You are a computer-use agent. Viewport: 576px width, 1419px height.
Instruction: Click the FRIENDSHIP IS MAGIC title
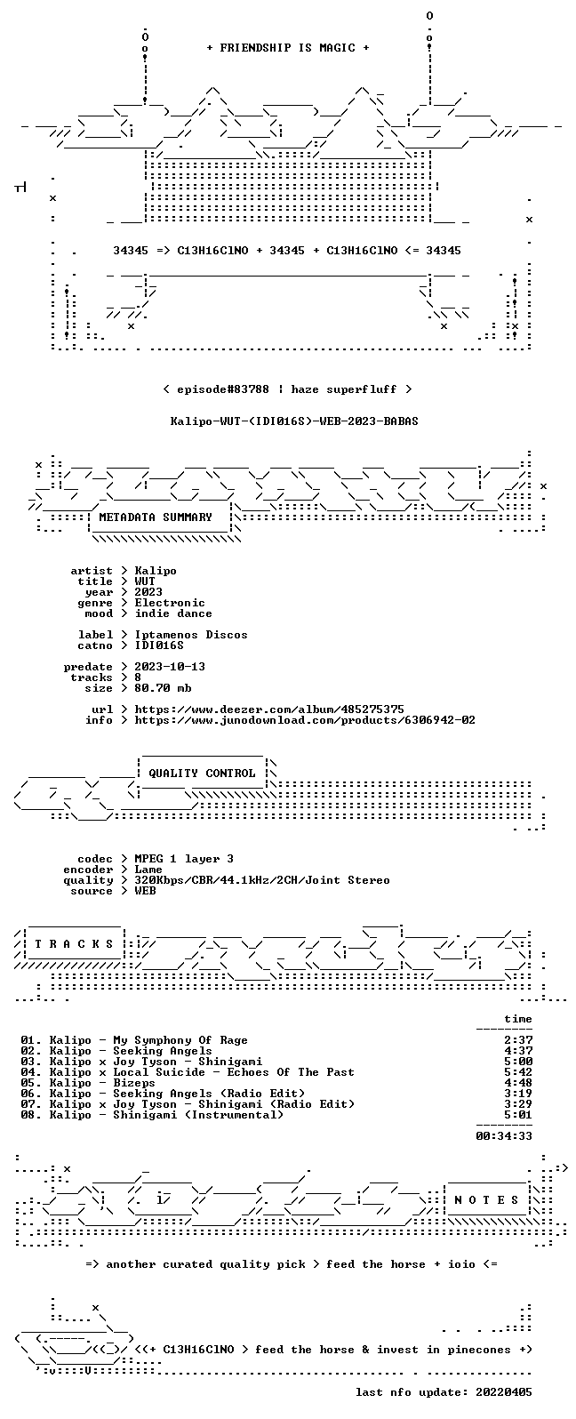pos(288,47)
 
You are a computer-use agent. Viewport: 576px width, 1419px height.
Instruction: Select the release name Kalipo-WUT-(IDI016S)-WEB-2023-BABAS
pos(294,421)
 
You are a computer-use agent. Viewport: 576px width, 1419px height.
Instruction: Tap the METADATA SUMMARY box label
pos(156,517)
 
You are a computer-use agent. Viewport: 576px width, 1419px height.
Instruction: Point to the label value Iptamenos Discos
pos(191,635)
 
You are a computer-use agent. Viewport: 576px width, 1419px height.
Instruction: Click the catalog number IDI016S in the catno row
pos(159,645)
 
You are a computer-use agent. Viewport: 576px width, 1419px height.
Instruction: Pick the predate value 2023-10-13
pos(170,667)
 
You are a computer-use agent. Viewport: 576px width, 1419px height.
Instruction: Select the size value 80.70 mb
pos(163,688)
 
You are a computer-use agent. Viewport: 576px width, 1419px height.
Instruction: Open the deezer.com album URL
pos(269,709)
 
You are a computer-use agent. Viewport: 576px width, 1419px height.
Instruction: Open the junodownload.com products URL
pos(305,720)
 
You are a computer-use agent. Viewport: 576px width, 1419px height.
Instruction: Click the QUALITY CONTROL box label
pos(202,773)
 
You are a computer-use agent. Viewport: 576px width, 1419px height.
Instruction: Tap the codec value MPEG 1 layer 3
pos(184,859)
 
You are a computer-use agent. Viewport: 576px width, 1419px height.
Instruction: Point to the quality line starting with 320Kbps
pos(261,880)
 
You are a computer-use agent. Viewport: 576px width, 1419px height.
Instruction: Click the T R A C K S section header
pos(74,944)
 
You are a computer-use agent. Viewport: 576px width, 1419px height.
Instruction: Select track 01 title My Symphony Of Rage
pos(180,1040)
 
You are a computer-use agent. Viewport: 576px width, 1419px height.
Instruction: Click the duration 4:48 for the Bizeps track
pos(518,1083)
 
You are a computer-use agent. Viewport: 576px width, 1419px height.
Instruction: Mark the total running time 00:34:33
pos(504,1136)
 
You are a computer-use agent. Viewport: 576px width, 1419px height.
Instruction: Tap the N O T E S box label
pos(486,1199)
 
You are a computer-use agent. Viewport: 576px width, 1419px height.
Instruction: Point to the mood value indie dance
pos(173,613)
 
